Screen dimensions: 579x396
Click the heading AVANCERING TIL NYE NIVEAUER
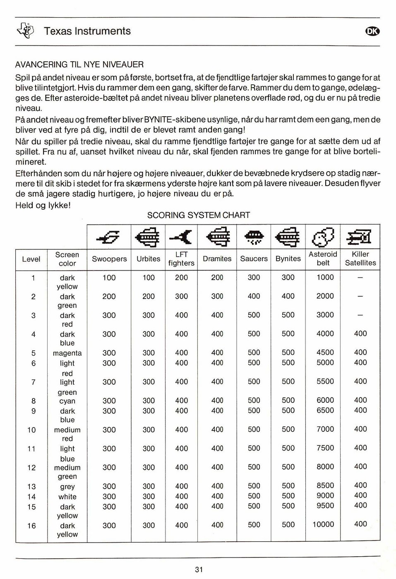79,65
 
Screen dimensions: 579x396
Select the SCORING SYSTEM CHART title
199,215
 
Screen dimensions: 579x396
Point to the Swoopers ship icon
108,237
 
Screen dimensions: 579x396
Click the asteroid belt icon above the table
323,237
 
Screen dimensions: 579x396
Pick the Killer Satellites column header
360,258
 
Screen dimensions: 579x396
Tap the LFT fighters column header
181,258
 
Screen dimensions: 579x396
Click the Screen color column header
67,259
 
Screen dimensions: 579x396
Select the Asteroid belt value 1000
325,278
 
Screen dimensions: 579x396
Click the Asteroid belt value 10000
323,524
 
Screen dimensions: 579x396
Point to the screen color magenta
67,353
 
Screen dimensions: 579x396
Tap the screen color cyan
67,401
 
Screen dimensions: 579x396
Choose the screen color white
67,497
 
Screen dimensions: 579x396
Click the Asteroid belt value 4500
325,352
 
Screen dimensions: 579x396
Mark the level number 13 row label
31,486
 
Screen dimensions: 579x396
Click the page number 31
199,569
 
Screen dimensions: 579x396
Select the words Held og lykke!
43,205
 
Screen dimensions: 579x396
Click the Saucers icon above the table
254,237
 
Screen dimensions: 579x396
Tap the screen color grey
67,486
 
